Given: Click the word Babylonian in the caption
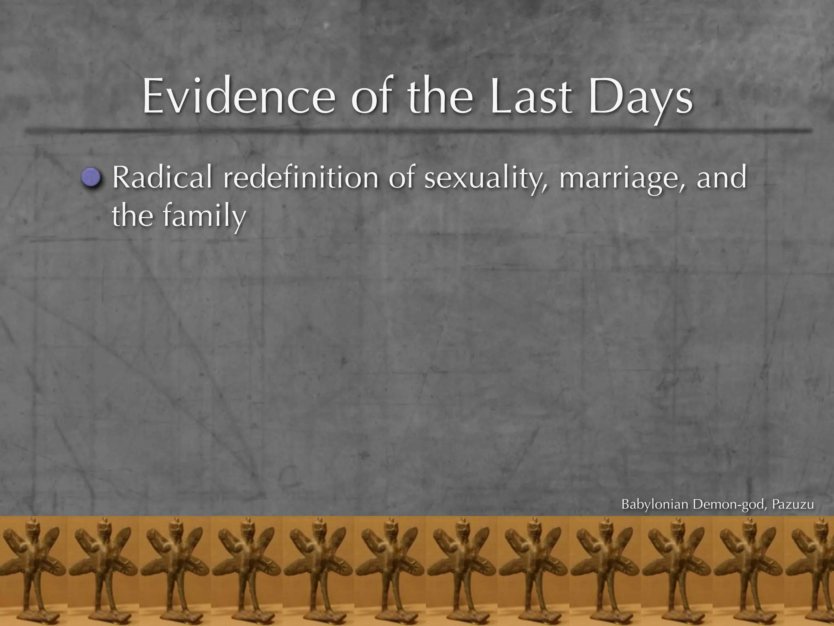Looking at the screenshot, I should point(655,505).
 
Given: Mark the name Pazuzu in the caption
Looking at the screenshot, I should point(793,505).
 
